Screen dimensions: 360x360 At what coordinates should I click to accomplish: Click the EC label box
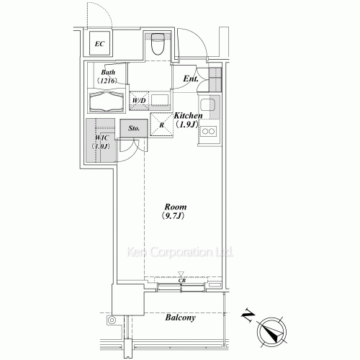click(100, 45)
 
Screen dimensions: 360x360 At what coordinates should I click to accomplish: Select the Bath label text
click(108, 73)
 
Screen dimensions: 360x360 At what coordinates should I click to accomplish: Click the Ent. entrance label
click(190, 78)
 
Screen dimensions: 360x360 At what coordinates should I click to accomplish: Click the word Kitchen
click(187, 115)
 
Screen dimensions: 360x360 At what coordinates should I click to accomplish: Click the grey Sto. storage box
click(133, 130)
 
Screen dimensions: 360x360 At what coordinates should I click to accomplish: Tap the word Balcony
click(182, 318)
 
